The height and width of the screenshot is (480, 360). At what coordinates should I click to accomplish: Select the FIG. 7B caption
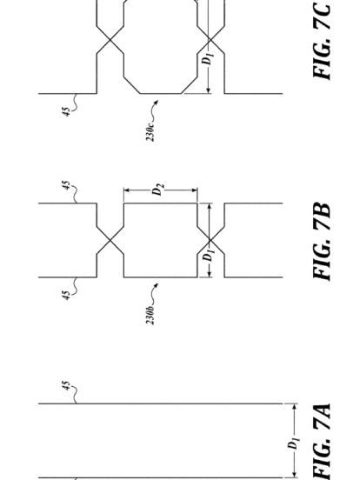pyautogui.click(x=322, y=241)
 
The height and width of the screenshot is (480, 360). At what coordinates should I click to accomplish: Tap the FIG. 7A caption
pyautogui.click(x=322, y=442)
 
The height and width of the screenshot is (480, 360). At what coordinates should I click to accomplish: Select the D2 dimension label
pyautogui.click(x=158, y=190)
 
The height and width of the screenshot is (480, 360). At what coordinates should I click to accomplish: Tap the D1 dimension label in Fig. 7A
pyautogui.click(x=294, y=443)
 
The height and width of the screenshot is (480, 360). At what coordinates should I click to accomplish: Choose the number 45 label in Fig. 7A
pyautogui.click(x=66, y=386)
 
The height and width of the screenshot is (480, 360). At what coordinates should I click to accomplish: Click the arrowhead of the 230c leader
pyautogui.click(x=157, y=102)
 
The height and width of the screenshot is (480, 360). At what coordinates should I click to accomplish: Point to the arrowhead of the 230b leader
pyautogui.click(x=157, y=285)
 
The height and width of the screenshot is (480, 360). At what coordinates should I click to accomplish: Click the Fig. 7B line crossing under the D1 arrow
pyautogui.click(x=210, y=240)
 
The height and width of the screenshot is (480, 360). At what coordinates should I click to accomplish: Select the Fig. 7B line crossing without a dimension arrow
pyautogui.click(x=110, y=240)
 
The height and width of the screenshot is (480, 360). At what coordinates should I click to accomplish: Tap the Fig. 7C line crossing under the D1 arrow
pyautogui.click(x=210, y=40)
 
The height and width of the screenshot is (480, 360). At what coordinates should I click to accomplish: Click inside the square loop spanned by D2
pyautogui.click(x=160, y=240)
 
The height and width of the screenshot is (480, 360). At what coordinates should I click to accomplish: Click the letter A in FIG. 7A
pyautogui.click(x=322, y=413)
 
